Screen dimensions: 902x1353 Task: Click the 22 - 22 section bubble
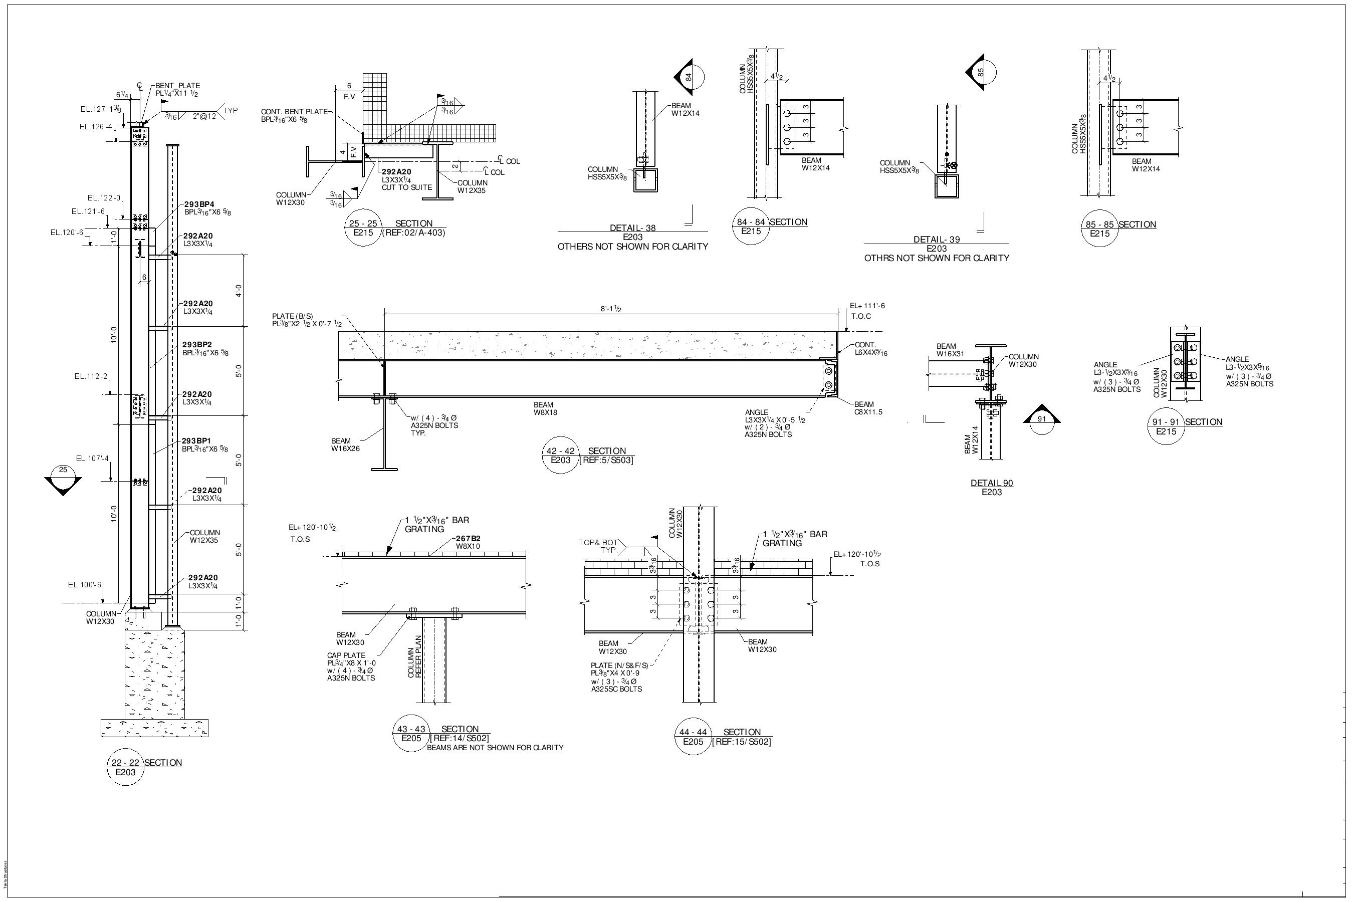(x=125, y=767)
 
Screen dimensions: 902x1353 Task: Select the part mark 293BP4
(x=199, y=204)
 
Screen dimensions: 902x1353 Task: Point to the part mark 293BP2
(x=197, y=345)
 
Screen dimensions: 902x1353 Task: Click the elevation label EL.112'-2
(x=91, y=377)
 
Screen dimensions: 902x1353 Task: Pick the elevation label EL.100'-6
(x=85, y=585)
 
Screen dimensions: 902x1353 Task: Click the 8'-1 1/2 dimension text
(x=610, y=309)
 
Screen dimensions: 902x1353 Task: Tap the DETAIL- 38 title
(x=632, y=228)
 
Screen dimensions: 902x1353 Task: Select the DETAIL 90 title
(x=992, y=483)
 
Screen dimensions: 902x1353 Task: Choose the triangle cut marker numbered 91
(x=1042, y=420)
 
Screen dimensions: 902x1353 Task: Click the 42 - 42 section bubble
(x=560, y=456)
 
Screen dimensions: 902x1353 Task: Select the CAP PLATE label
(x=346, y=655)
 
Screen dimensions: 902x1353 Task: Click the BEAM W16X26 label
(x=345, y=444)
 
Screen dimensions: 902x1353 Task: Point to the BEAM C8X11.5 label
(x=868, y=408)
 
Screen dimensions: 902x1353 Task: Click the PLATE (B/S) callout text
(x=293, y=316)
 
